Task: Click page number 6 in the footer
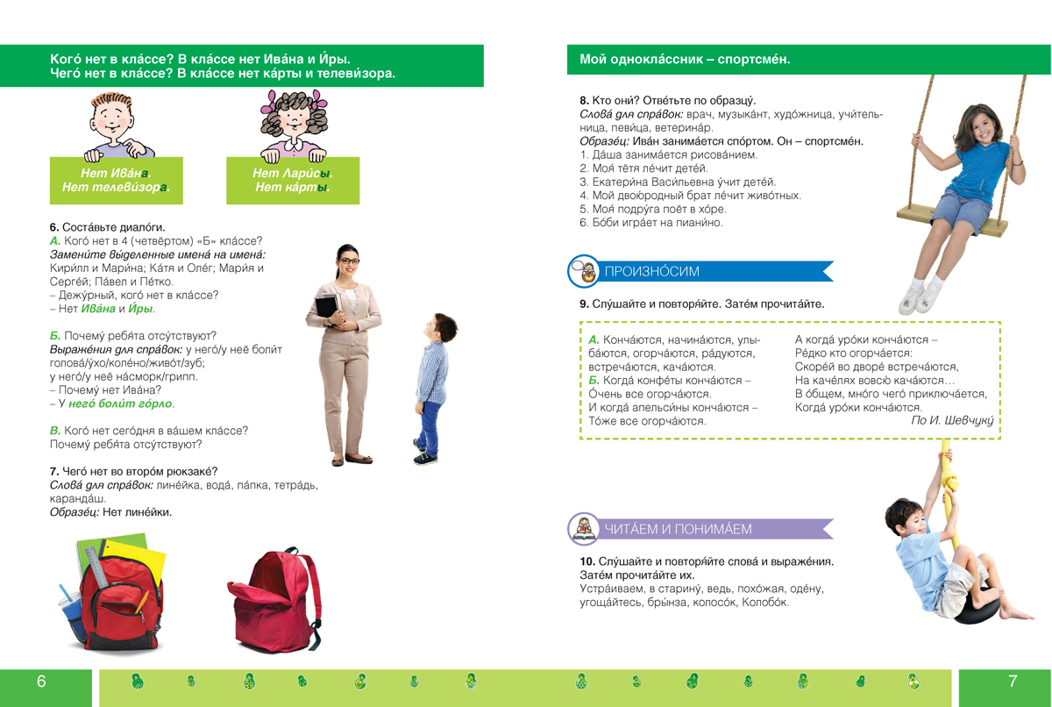pos(41,682)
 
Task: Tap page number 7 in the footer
pos(1013,682)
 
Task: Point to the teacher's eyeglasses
pos(349,261)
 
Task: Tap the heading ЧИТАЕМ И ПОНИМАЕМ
pos(678,529)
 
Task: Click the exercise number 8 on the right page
pos(584,101)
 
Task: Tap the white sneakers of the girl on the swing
pos(920,299)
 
